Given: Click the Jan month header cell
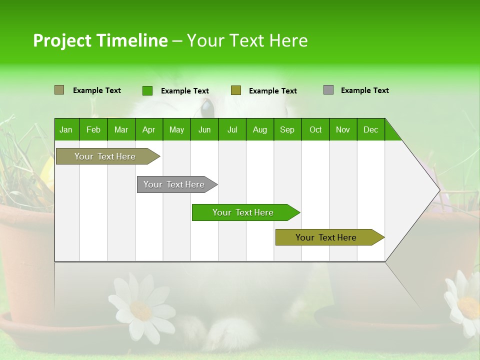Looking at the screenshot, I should [x=66, y=129].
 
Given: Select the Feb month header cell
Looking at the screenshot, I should [x=93, y=129].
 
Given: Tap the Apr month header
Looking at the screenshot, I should [x=148, y=129].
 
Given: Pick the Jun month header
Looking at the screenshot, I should [x=204, y=129].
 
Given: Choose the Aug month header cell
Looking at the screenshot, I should [x=260, y=129].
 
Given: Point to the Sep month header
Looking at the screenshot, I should [x=287, y=129].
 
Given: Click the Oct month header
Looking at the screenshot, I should [x=315, y=129].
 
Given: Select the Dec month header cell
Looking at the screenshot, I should [x=371, y=129].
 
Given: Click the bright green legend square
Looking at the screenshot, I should [x=147, y=90].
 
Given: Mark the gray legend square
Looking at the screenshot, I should [x=328, y=90].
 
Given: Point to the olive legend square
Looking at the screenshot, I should [x=236, y=90].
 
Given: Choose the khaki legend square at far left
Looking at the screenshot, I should [x=59, y=90].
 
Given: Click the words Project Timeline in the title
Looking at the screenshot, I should [x=100, y=40].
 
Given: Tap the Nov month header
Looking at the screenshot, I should [x=343, y=129].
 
